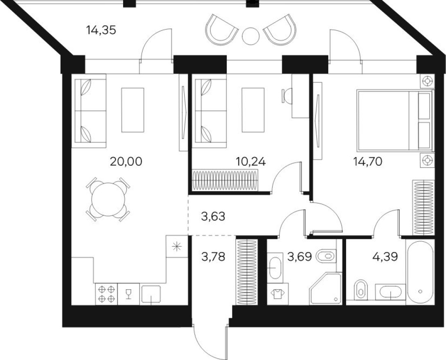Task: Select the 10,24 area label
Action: pyautogui.click(x=251, y=162)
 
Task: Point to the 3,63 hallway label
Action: pyautogui.click(x=213, y=216)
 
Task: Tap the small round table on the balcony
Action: pyautogui.click(x=250, y=36)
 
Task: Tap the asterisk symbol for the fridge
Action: pyautogui.click(x=176, y=246)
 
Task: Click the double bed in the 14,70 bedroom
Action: pyautogui.click(x=394, y=120)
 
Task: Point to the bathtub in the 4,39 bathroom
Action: pyautogui.click(x=419, y=272)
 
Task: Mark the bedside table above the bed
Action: pyautogui.click(x=427, y=81)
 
